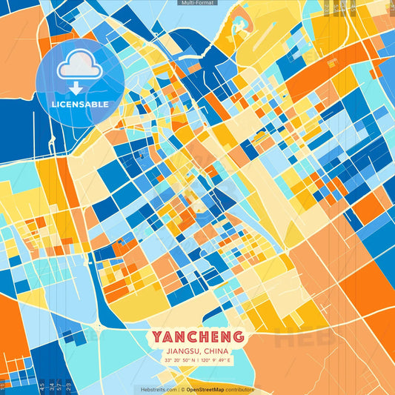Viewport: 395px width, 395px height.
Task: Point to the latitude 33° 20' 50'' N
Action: tap(179, 360)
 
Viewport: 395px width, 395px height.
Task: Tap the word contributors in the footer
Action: tap(241, 389)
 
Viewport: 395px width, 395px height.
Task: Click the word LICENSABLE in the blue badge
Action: tap(80, 104)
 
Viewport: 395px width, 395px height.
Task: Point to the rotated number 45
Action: tap(42, 385)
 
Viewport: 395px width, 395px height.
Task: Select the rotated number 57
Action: tap(60, 385)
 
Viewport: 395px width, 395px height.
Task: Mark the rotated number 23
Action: tap(69, 385)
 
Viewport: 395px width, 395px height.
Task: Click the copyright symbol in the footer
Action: tap(182, 389)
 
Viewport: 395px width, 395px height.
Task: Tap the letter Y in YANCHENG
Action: tap(158, 336)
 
